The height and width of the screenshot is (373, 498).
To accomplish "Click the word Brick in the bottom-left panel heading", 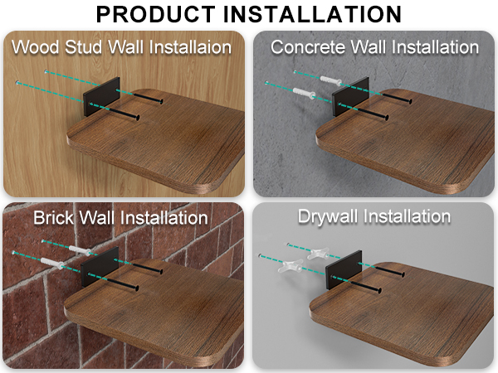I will click(x=55, y=218).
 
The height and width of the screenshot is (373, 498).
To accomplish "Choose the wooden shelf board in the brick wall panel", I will click(x=158, y=315).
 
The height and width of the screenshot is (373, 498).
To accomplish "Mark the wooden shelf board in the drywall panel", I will click(x=398, y=315).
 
